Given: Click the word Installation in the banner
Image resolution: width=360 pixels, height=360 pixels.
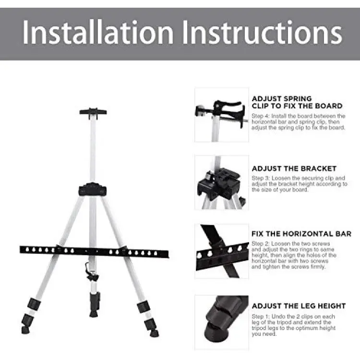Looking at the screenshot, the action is [x=98, y=32].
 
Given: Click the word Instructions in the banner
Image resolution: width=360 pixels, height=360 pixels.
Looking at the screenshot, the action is [x=262, y=32].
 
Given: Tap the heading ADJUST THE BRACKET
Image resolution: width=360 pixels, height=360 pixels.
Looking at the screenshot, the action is [x=294, y=168].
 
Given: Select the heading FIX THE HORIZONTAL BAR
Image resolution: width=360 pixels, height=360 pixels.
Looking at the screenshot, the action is [x=301, y=234].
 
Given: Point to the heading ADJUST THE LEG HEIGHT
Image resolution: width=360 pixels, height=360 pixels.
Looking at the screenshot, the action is [x=299, y=306].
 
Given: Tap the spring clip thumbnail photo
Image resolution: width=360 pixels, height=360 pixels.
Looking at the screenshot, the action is [x=222, y=115].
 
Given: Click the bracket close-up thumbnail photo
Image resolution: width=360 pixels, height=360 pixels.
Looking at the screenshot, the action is [x=222, y=182].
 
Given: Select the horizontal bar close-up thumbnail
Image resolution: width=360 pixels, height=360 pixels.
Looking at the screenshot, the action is [x=222, y=251].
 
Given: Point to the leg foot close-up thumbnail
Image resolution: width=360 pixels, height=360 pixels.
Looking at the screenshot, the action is [x=222, y=323].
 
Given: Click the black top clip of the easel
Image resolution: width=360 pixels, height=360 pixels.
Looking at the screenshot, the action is [x=93, y=113].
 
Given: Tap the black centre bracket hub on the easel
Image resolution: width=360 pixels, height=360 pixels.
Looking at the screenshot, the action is [x=93, y=190].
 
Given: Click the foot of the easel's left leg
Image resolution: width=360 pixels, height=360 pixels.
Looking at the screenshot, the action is [x=26, y=330].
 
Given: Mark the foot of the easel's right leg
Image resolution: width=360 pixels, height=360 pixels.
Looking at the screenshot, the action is [x=154, y=334].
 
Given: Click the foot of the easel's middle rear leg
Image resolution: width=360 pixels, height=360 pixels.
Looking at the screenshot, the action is [x=94, y=313].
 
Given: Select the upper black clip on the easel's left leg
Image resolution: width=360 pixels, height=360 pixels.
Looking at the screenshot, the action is [x=34, y=304].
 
